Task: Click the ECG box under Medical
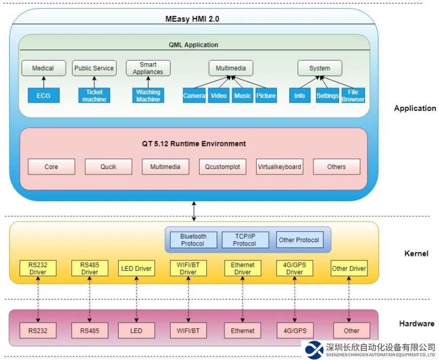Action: [43, 95]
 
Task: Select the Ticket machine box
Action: [94, 95]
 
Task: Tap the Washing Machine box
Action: [148, 95]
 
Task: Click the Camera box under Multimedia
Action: [194, 95]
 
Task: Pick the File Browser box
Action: [353, 95]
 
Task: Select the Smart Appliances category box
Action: [148, 68]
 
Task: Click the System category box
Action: [320, 68]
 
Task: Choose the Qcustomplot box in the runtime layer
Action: [223, 167]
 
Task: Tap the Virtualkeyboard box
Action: [279, 167]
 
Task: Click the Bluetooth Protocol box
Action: [193, 240]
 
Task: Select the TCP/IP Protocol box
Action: [244, 240]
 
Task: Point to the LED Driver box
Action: [136, 268]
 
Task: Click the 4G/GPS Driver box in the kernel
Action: [295, 268]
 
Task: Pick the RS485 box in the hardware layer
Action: [90, 330]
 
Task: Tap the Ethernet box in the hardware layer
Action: [242, 330]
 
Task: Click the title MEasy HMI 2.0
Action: [192, 19]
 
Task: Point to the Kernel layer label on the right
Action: [416, 253]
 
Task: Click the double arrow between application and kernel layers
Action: [194, 211]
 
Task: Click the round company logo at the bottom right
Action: [314, 349]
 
